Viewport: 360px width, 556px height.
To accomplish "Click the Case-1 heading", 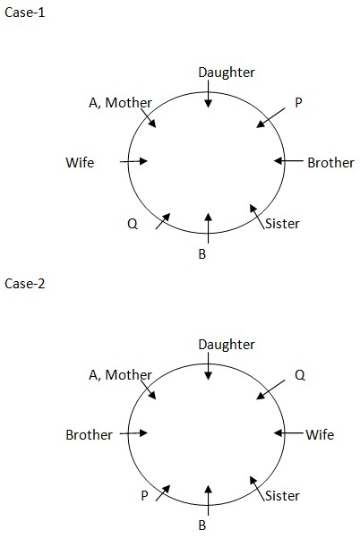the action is point(25,13).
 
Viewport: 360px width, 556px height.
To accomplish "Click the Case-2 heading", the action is point(25,284).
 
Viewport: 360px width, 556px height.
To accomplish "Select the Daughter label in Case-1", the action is point(227,73).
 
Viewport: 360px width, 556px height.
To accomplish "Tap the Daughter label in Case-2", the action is point(227,345).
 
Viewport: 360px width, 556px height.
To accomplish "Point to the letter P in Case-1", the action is point(298,103).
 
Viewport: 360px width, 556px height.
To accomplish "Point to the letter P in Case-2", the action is point(144,495).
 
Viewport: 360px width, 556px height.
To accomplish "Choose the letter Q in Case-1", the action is point(133,224).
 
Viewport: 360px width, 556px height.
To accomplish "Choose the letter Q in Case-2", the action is point(300,375).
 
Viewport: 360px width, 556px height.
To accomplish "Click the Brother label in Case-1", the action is point(330,163).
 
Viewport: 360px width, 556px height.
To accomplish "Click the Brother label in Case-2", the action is point(89,435).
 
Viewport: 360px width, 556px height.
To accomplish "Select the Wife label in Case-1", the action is point(80,163).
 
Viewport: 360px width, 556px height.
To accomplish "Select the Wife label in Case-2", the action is point(320,435).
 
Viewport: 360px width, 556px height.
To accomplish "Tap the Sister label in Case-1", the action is point(282,224).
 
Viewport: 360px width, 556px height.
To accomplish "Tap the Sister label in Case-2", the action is point(282,496).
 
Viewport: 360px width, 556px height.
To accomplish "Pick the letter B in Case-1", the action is point(202,254).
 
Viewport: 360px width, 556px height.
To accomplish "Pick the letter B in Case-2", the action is point(202,526).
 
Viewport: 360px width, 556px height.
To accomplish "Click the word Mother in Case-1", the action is point(129,103).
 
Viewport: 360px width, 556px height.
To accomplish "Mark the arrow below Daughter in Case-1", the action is point(208,94).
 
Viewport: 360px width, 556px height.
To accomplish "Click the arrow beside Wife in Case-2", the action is point(288,433).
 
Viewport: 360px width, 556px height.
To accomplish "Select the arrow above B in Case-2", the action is point(208,500).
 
